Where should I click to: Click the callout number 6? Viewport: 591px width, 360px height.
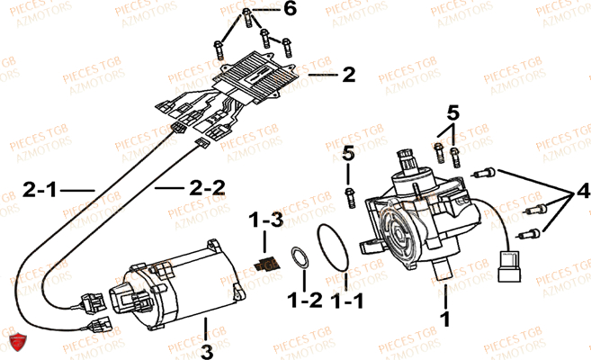point(264,10)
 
